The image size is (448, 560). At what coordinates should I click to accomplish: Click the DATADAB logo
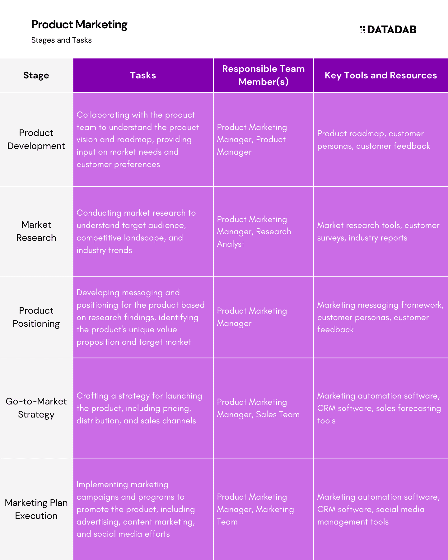coord(388,30)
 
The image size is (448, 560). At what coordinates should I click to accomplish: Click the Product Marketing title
coord(79,25)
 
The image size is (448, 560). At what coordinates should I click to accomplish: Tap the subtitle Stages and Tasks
coord(62,40)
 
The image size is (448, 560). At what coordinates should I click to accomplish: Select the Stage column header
coord(36,75)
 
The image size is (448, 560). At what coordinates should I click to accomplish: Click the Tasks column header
coord(143,75)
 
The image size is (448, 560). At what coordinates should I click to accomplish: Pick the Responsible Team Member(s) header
coord(264,75)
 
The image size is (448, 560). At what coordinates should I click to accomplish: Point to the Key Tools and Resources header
coord(381,75)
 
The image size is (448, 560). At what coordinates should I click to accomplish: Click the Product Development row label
coord(36,139)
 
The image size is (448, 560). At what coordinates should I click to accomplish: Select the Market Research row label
coord(36,231)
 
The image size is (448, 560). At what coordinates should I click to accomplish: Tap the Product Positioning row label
coord(36,317)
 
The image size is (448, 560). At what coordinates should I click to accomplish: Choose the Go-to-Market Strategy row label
coord(36,408)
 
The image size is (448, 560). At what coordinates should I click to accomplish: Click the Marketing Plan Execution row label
coord(36,509)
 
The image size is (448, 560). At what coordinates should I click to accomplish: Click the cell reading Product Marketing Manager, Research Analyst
coord(264,231)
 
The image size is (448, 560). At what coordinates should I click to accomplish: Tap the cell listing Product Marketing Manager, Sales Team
coord(264,408)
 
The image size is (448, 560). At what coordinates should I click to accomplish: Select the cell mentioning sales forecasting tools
coord(381,408)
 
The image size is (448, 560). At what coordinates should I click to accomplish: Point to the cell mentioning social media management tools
coord(381,509)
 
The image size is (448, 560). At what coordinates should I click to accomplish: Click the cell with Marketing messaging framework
coord(381,317)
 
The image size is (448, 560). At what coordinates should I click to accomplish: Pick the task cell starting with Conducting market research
coord(143,231)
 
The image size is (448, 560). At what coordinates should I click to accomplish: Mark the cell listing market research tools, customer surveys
coord(381,231)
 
